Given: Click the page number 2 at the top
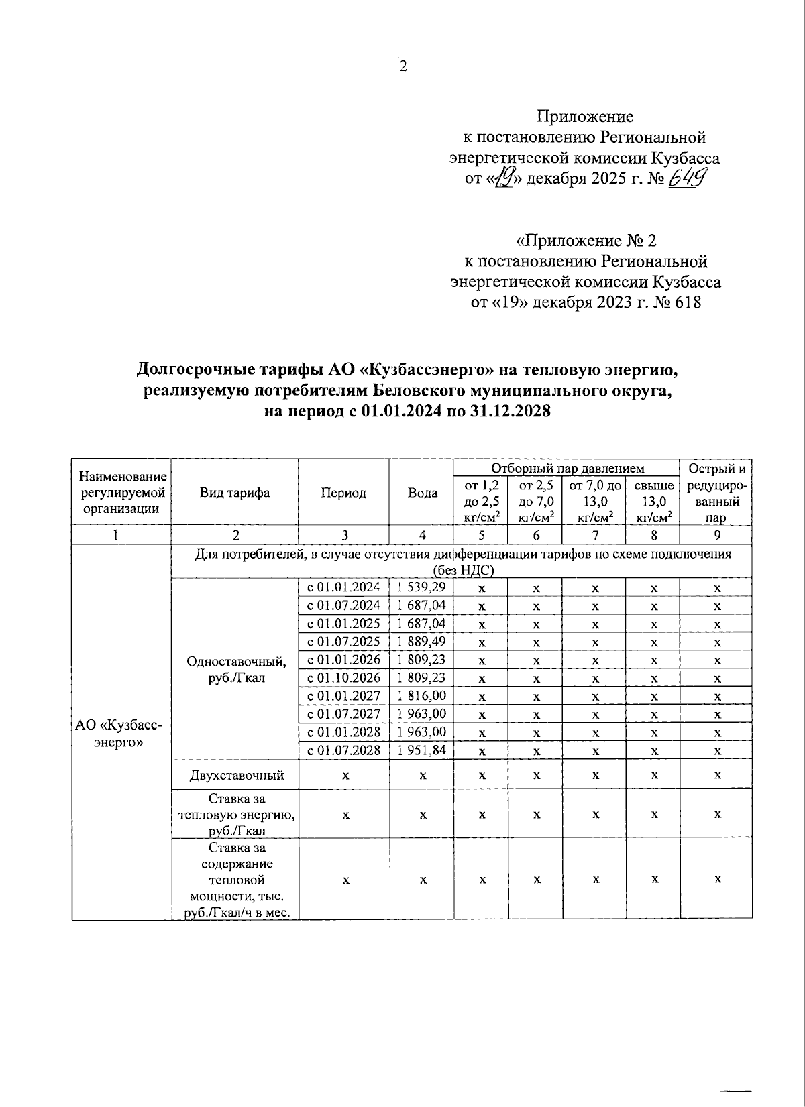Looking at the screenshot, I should point(402,66).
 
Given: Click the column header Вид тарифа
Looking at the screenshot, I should point(234,493).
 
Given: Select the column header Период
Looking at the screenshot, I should point(343,493).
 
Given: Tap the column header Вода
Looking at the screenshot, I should point(422,493).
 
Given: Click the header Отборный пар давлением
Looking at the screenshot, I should point(567,468).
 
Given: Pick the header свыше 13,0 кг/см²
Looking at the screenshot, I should point(653,501).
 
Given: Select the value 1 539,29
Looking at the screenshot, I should point(422,587).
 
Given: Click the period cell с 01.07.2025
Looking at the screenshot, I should point(343,642).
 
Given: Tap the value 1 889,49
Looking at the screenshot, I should point(422,642).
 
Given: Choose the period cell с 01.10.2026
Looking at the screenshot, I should point(343,678).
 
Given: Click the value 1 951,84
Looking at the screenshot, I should point(422,750).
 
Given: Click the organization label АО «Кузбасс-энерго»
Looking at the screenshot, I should point(120,734).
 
